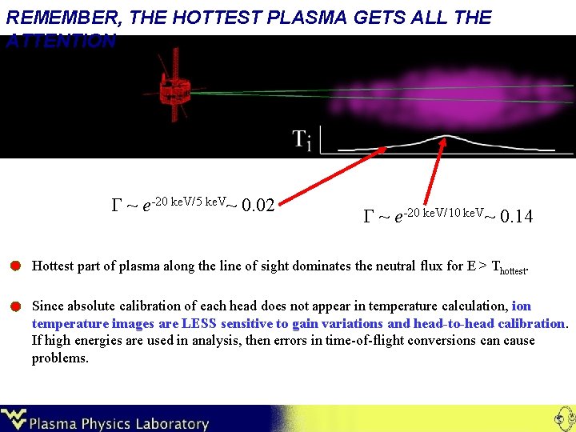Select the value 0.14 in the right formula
click(x=514, y=216)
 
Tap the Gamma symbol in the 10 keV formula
click(x=369, y=217)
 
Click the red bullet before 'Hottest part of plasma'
click(x=15, y=266)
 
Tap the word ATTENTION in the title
click(x=61, y=41)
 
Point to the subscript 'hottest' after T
click(x=513, y=271)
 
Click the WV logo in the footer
click(x=14, y=418)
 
